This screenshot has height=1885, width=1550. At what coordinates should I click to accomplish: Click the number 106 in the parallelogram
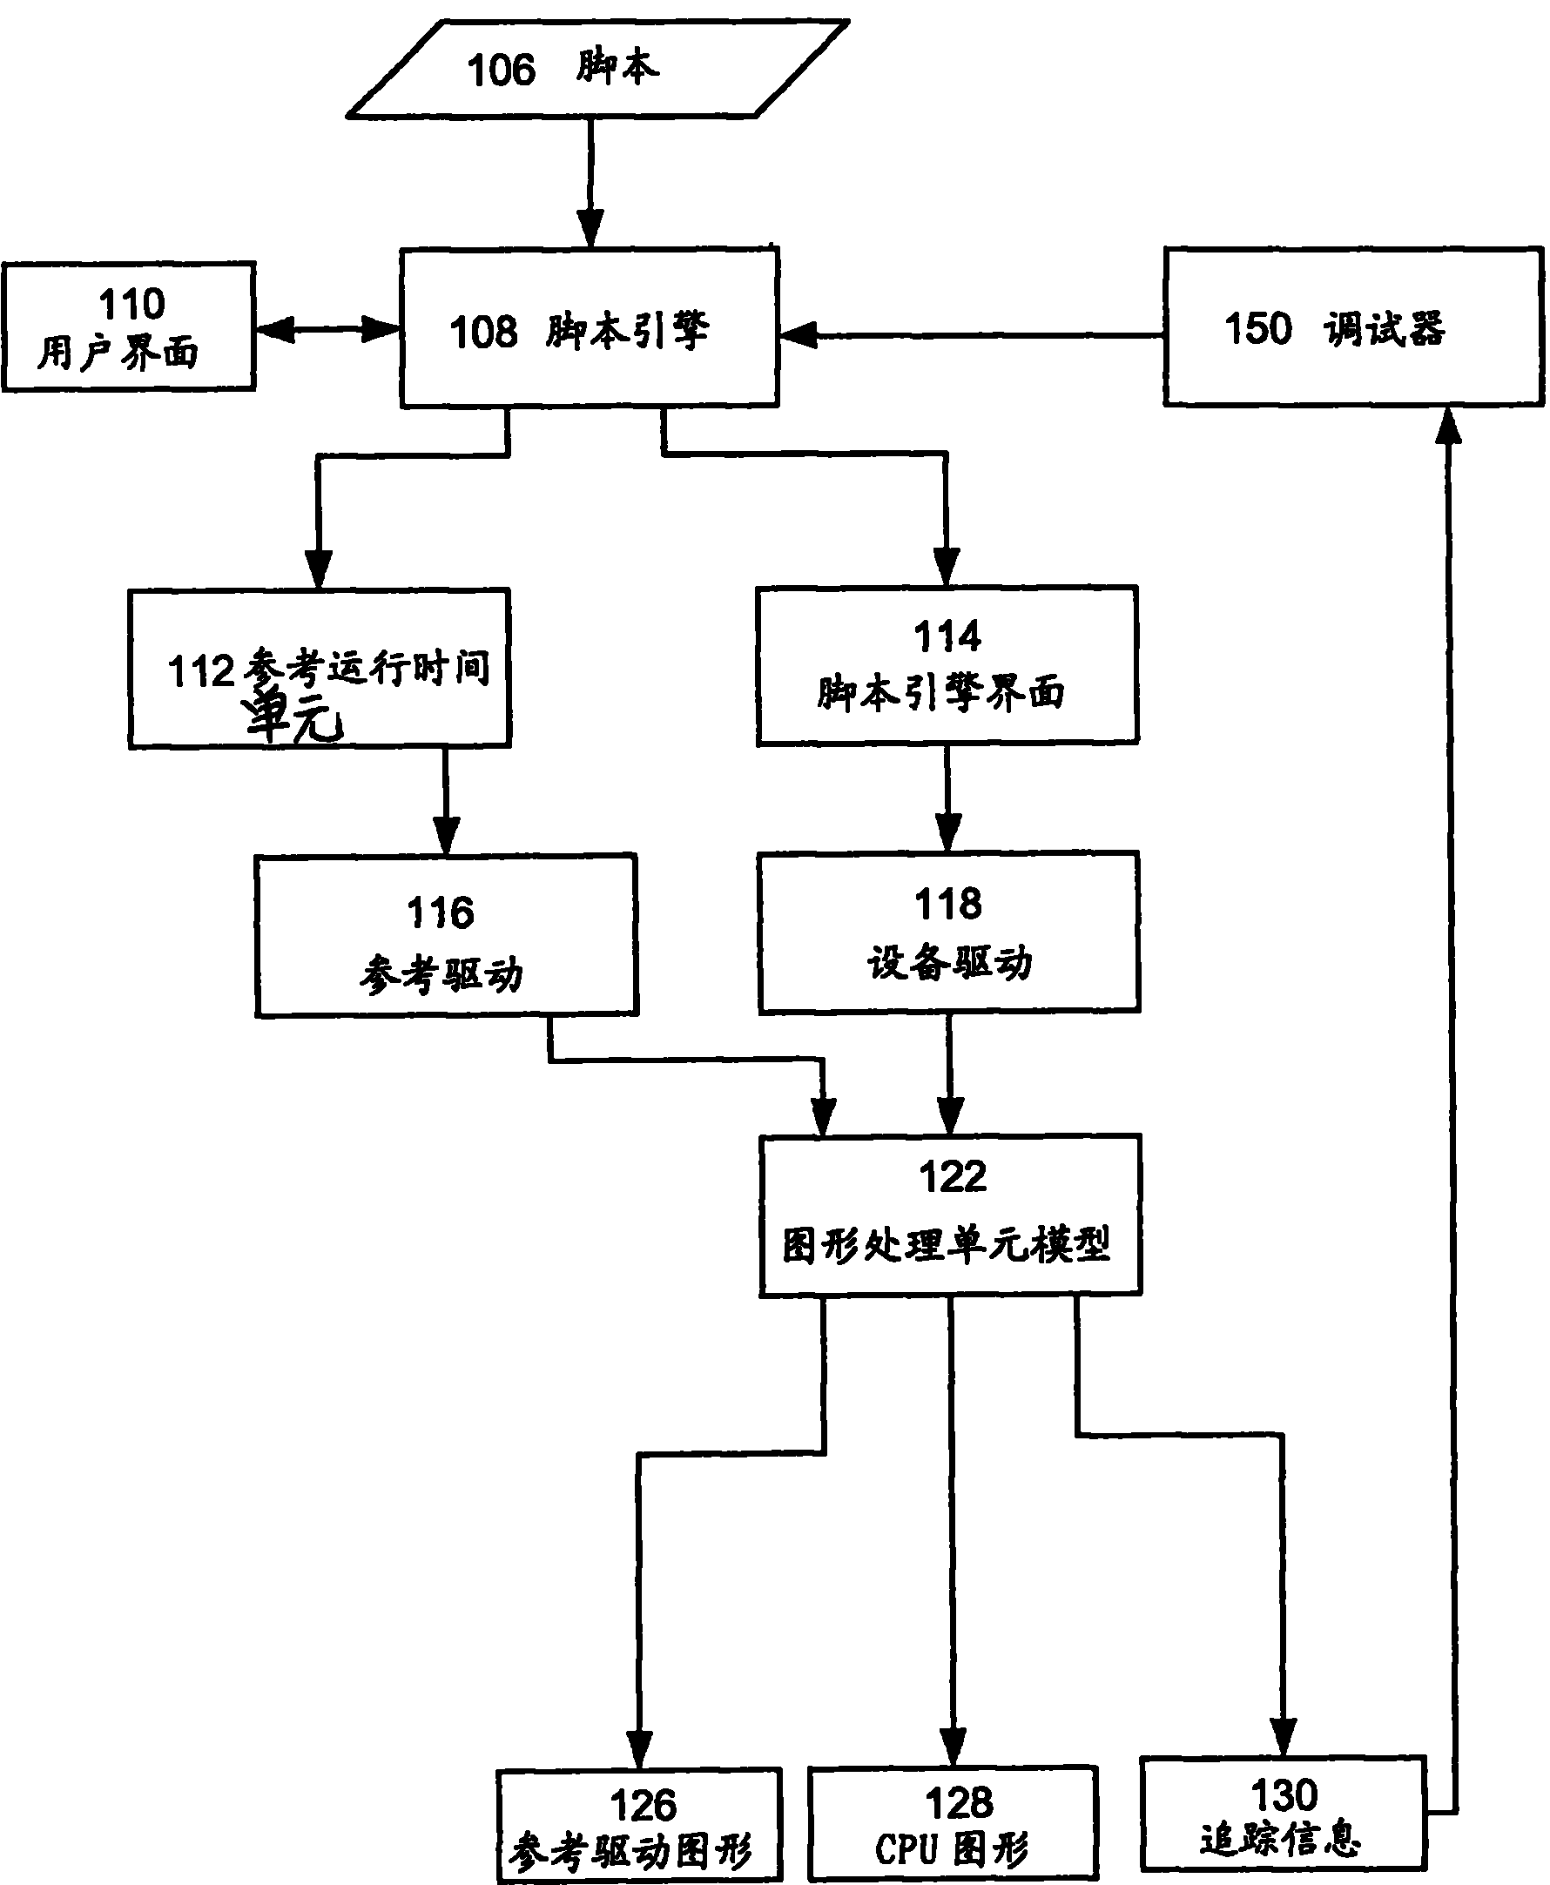(501, 70)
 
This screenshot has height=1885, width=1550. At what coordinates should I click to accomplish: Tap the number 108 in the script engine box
(483, 332)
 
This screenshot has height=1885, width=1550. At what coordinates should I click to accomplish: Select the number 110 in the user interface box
(131, 305)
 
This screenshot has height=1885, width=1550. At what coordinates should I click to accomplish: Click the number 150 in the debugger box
(1257, 328)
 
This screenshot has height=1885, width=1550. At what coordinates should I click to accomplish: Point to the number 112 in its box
(201, 671)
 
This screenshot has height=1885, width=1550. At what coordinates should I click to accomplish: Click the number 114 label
(947, 636)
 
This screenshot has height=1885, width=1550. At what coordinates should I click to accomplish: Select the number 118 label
(947, 903)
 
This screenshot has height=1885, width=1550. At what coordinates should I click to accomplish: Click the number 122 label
(953, 1176)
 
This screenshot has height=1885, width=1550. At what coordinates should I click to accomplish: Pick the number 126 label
(643, 1806)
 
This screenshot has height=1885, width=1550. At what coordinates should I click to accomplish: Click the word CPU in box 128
(906, 1849)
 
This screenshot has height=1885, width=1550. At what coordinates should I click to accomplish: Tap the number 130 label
(1284, 1794)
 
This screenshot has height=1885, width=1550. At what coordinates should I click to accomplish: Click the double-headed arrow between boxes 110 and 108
(327, 329)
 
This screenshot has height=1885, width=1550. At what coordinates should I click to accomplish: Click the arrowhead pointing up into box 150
(1448, 427)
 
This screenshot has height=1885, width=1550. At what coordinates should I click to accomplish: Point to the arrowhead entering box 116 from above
(446, 834)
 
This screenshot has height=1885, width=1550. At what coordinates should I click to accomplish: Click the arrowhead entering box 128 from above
(953, 1747)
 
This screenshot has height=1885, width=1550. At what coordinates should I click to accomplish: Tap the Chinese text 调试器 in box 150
(1384, 328)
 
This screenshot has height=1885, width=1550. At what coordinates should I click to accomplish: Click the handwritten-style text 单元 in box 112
(293, 717)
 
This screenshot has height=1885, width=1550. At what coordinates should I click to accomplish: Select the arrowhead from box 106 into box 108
(590, 226)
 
